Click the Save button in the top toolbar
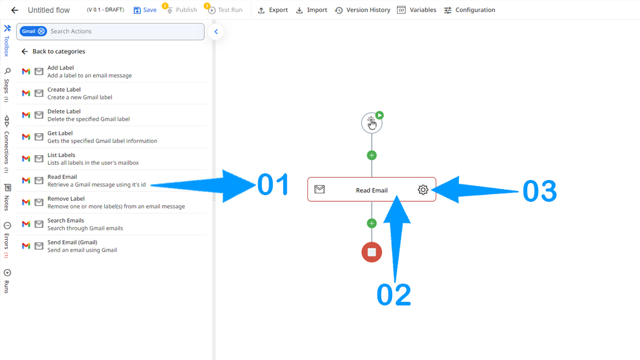[x=145, y=10]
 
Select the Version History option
[x=362, y=10]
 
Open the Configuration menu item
[x=469, y=10]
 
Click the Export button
[x=273, y=10]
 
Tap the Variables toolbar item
[x=417, y=10]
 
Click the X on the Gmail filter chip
[x=41, y=31]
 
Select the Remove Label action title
[x=65, y=199]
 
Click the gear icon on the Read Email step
[x=423, y=189]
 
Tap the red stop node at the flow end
[x=372, y=252]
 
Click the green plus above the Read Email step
[x=372, y=155]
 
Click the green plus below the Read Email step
[x=372, y=223]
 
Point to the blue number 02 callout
[x=393, y=295]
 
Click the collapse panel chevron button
[x=216, y=32]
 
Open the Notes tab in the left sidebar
[x=7, y=198]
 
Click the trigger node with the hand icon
[x=372, y=123]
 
